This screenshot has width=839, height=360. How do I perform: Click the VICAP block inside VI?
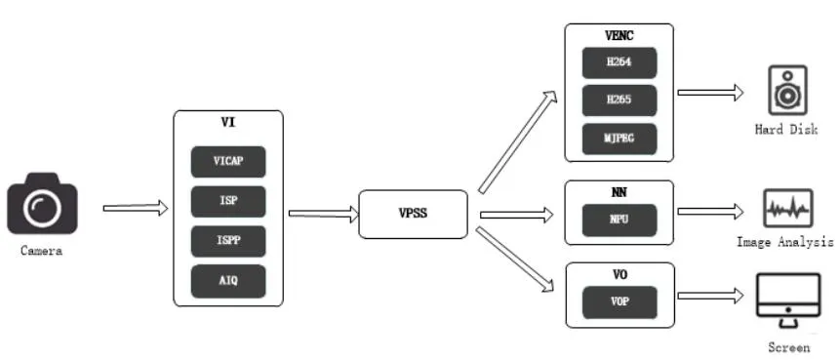[228, 162]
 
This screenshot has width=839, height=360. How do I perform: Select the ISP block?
[228, 201]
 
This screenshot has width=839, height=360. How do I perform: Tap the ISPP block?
[228, 241]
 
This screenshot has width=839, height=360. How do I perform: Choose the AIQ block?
[228, 281]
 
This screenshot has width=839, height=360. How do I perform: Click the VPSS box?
[413, 214]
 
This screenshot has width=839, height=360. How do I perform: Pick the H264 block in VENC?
[619, 62]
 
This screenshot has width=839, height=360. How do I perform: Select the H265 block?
[619, 100]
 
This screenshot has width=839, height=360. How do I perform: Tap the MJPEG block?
[619, 139]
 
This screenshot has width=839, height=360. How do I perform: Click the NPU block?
[619, 220]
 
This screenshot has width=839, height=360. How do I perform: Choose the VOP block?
[619, 302]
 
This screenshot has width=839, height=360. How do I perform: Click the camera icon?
[42, 204]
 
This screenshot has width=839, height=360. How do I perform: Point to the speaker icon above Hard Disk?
[787, 91]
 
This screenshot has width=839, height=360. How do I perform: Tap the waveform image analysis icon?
[787, 209]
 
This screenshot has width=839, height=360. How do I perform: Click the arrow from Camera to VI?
[136, 208]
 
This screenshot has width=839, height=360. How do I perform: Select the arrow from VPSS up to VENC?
[518, 141]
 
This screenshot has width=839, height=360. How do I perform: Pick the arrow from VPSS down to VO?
[515, 260]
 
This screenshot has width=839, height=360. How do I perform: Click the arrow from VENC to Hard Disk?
[710, 93]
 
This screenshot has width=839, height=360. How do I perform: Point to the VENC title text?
[619, 36]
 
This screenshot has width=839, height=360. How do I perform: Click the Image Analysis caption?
[785, 242]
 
